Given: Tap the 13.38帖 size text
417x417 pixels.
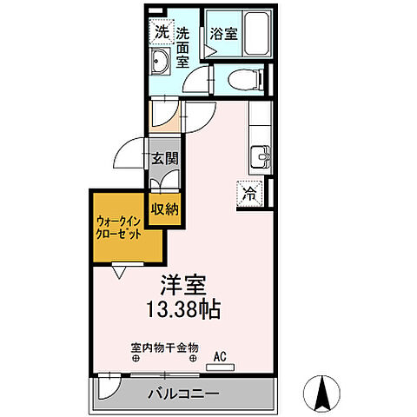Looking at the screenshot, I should click(189, 308).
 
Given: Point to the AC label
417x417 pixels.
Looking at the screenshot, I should click(220, 354).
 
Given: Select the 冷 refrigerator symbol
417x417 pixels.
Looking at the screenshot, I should click(249, 194).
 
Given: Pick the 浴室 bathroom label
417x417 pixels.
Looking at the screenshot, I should click(223, 34).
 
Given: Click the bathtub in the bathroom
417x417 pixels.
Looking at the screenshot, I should click(257, 34).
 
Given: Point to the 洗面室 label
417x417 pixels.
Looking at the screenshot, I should click(183, 50).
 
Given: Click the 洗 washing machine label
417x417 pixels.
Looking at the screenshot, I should click(162, 32).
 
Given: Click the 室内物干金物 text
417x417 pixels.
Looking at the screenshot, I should click(165, 348).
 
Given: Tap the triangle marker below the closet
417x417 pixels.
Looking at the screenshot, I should click(120, 273).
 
